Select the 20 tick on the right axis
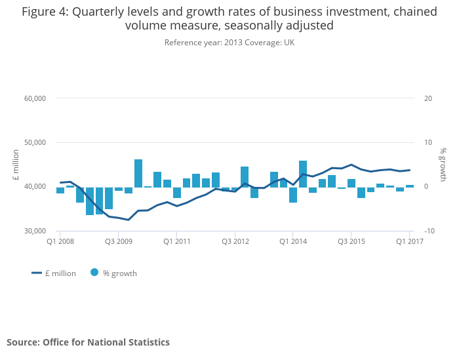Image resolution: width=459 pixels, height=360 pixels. tap(428, 98)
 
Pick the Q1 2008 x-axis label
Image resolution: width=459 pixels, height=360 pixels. tap(60, 241)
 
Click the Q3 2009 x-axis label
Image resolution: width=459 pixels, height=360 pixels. tap(118, 241)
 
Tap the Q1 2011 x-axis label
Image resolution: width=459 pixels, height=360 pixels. tap(176, 241)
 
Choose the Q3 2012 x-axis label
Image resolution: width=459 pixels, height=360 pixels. tap(235, 241)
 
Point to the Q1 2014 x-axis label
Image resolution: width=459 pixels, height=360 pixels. tap(293, 241)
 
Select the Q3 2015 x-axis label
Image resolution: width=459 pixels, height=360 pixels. tap(351, 241)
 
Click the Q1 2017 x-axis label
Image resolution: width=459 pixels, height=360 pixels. tap(409, 241)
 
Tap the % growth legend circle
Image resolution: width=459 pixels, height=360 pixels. tap(94, 273)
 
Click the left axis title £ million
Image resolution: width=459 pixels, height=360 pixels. tap(16, 165)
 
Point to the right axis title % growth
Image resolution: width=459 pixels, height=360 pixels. tap(443, 165)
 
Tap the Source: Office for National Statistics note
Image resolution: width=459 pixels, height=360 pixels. tap(88, 342)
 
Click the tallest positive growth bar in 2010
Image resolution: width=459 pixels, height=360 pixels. tap(138, 173)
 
